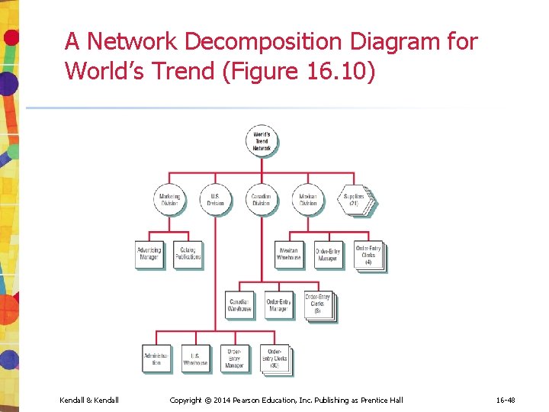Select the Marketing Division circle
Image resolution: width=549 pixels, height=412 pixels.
[x=169, y=200]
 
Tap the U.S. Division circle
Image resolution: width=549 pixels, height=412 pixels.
[x=216, y=200]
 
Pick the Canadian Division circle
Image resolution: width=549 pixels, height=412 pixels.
[x=262, y=200]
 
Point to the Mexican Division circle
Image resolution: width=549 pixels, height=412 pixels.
[x=308, y=200]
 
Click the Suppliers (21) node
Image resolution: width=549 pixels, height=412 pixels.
[x=355, y=200]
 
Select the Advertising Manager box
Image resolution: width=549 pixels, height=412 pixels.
[x=149, y=254]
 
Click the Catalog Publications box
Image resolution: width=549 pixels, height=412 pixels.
[x=188, y=254]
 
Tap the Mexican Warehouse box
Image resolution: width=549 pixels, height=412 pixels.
[x=289, y=254]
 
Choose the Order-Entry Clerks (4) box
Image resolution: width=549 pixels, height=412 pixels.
[x=368, y=255]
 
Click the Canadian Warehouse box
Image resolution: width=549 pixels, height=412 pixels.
[x=239, y=305]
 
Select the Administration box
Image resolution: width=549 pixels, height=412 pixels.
[x=156, y=359]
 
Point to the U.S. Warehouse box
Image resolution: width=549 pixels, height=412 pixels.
[x=195, y=359]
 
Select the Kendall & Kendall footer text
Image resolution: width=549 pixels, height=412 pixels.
[x=89, y=401]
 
